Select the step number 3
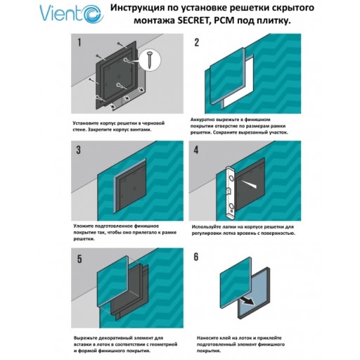(x=80, y=149)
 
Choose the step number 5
(x=80, y=258)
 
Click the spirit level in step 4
(x=229, y=187)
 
